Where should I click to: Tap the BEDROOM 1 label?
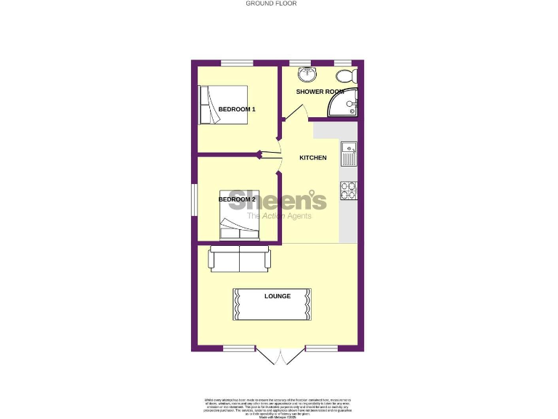point(237,109)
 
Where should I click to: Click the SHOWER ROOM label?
point(319,92)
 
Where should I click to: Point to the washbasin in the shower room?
point(308,75)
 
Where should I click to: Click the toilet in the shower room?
point(344,76)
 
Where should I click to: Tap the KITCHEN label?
point(313,158)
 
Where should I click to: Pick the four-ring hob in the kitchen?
point(348,190)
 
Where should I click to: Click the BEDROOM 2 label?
point(237,199)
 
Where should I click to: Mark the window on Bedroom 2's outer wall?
point(194,199)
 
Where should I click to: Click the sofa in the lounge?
point(239,258)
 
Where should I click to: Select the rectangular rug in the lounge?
point(274,303)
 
